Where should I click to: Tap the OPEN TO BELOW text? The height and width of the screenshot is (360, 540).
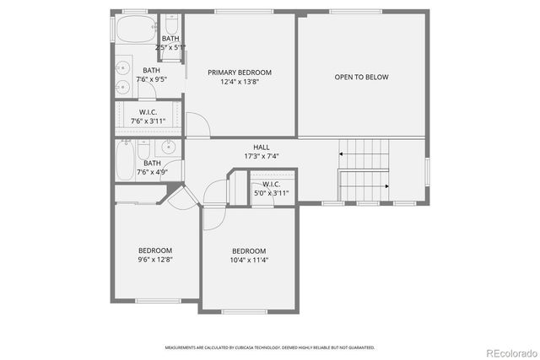tap(361, 77)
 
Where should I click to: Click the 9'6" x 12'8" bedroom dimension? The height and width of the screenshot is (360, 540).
tap(155, 261)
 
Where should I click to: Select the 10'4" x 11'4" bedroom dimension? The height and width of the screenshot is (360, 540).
tap(249, 261)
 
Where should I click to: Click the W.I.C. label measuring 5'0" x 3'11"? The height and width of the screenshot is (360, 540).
tap(271, 184)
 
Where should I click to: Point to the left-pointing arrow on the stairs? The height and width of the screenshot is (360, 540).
tap(343, 154)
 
